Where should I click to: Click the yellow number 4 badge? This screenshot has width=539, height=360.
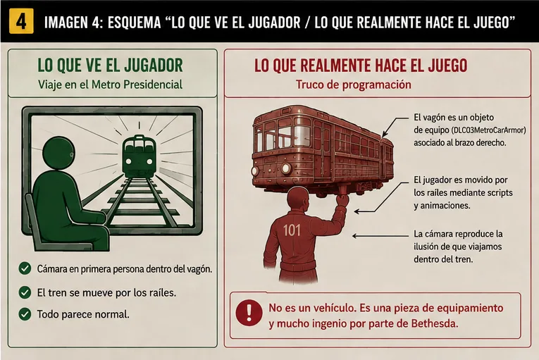coord(21,21)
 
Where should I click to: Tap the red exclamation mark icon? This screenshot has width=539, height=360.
coord(249,313)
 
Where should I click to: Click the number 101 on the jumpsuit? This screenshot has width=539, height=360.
coord(292,230)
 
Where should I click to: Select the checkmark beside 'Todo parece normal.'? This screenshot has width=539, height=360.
coord(25,314)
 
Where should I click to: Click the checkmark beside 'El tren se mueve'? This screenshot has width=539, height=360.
coord(25,292)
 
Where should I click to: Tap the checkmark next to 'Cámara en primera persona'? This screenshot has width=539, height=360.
coord(25,268)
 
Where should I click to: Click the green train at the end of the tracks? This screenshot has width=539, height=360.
coord(140,156)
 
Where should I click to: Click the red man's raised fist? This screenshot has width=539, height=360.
coord(342,199)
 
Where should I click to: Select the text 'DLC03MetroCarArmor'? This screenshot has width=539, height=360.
coord(488,130)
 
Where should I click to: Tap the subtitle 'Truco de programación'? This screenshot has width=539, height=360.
coord(354,85)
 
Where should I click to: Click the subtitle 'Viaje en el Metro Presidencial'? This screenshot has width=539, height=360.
coord(110,85)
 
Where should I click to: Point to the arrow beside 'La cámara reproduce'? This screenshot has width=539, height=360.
coord(380,236)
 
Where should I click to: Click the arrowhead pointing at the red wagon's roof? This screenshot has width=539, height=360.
coord(385,133)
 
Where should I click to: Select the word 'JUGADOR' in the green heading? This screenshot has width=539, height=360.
coord(154,66)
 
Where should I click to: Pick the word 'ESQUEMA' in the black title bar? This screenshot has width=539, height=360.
coord(134,23)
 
